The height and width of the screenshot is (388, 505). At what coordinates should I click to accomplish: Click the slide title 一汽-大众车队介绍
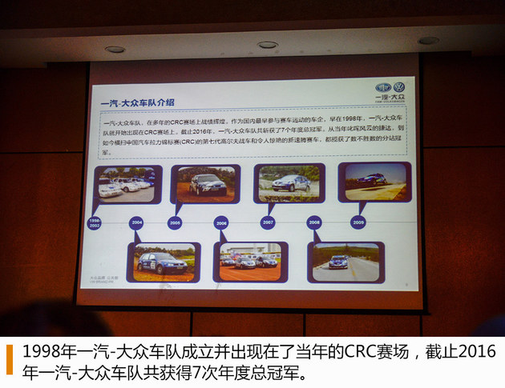tap(136, 102)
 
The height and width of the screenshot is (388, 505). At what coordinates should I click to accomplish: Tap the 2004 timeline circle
tap(136, 223)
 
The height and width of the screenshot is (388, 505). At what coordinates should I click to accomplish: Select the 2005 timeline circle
tap(175, 223)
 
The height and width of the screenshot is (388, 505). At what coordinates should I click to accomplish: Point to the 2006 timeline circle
tap(221, 223)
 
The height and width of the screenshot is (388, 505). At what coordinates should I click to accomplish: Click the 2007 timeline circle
tap(268, 222)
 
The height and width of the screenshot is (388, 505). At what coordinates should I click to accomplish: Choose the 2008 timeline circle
tap(313, 222)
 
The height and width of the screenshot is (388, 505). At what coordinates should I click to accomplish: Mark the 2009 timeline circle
tap(358, 222)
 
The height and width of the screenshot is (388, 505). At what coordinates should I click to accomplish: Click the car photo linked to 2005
tap(205, 184)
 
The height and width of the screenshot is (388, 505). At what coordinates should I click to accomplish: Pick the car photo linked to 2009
tap(374, 181)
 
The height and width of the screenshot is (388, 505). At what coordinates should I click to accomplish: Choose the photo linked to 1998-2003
tap(127, 185)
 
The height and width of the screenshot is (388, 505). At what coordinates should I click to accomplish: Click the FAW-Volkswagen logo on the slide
tap(390, 90)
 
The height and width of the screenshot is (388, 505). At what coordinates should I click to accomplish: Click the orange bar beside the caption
tap(10, 359)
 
